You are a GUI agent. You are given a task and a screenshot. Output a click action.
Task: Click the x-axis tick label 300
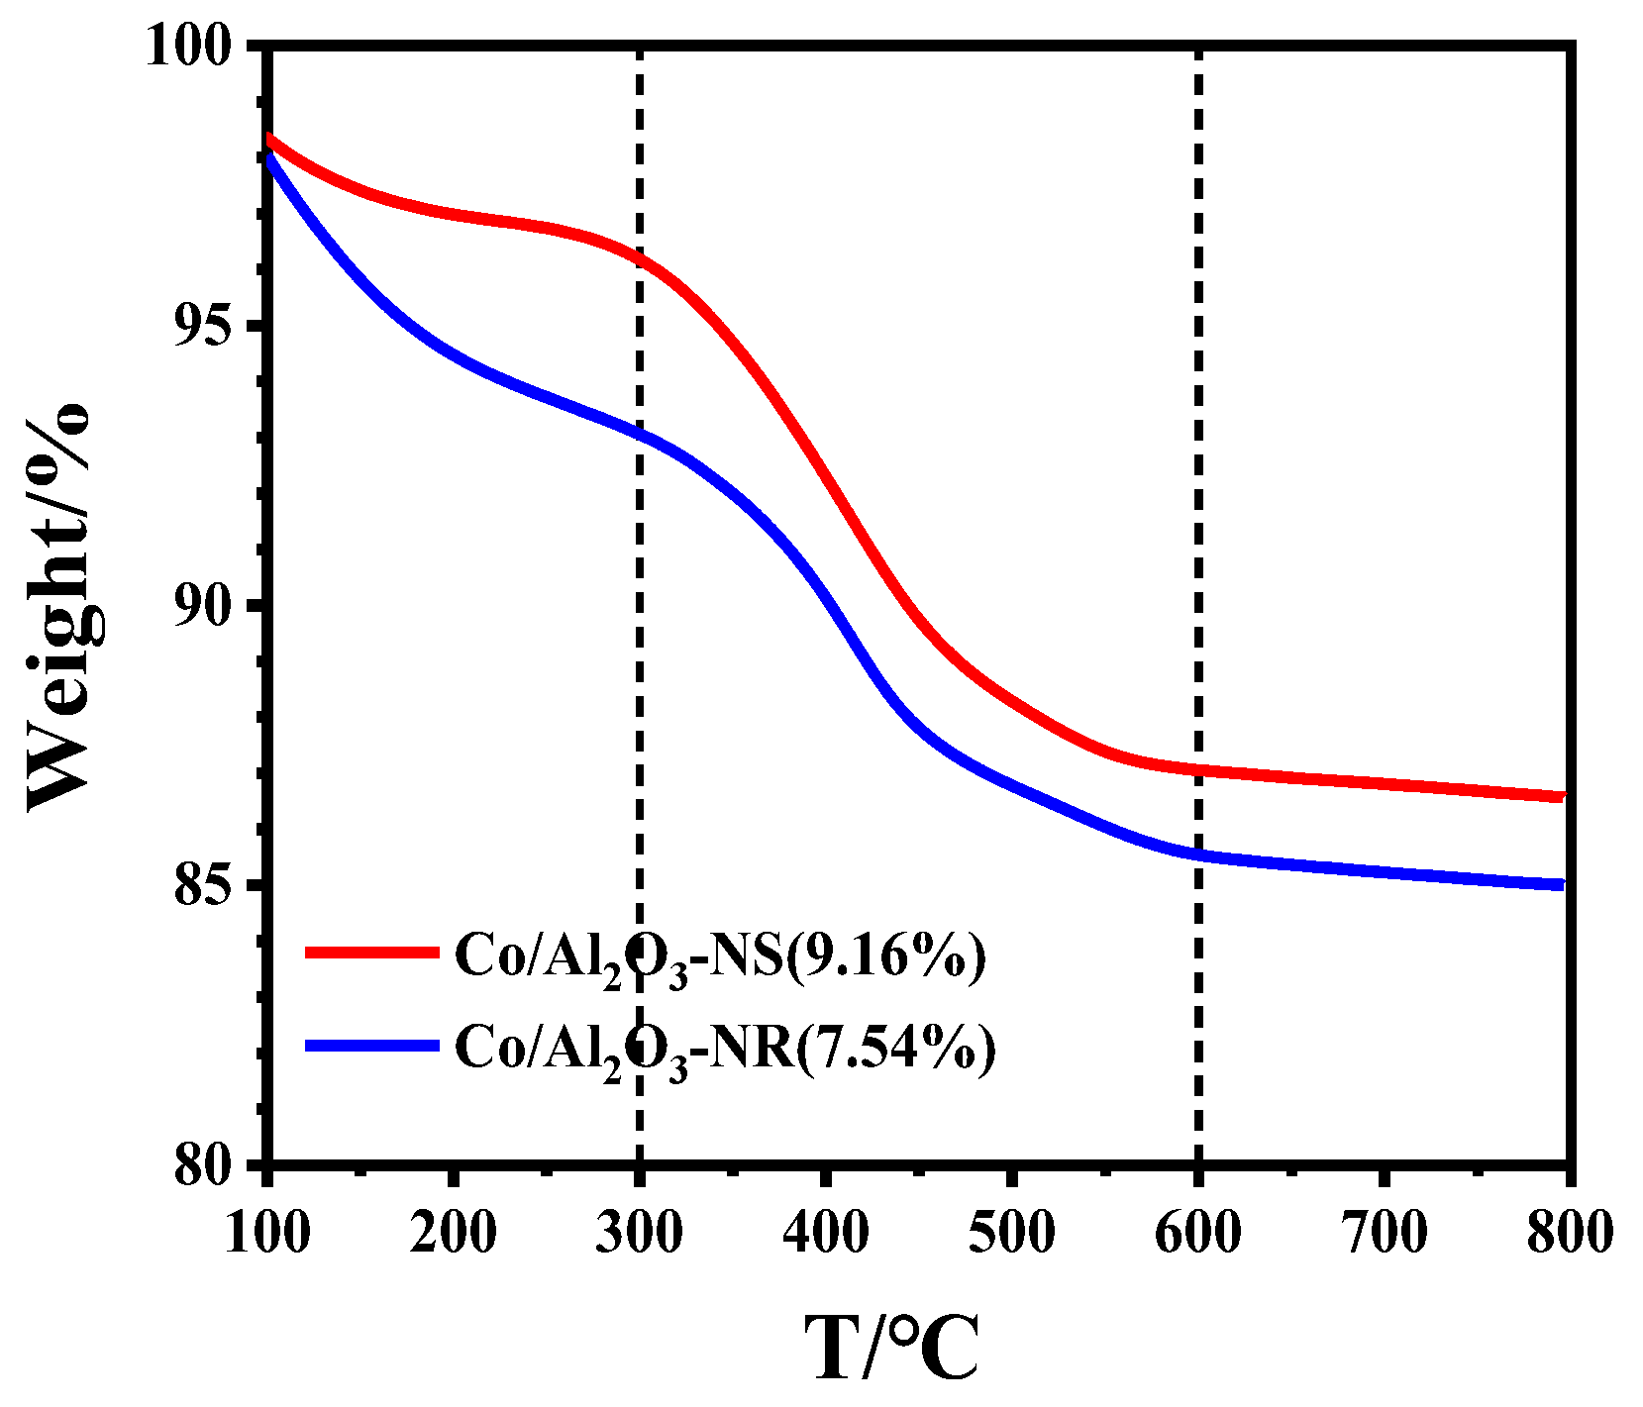[639, 1234]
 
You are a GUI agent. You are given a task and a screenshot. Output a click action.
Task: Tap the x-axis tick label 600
[1197, 1234]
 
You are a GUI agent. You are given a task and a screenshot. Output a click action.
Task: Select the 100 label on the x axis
[267, 1234]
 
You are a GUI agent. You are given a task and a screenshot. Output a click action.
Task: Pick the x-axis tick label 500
[1011, 1234]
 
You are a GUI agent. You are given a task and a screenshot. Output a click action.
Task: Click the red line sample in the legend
[371, 953]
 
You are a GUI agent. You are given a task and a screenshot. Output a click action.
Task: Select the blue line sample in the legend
[371, 1046]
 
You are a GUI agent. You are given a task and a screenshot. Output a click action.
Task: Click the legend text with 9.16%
[720, 956]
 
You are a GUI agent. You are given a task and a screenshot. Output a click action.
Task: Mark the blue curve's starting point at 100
[269, 158]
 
